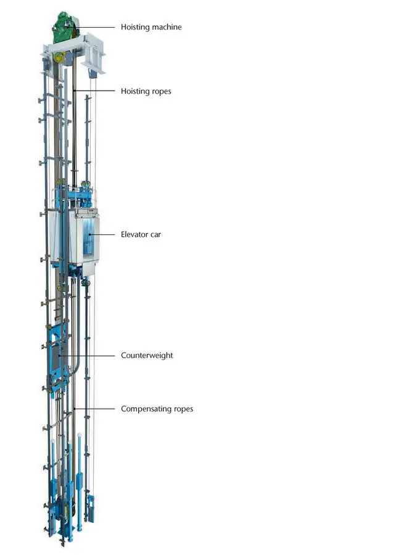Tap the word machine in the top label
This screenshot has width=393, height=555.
(x=167, y=27)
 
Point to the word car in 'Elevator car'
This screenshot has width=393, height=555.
(x=155, y=235)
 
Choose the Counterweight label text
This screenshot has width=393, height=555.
(x=147, y=356)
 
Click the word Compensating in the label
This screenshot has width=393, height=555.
(x=146, y=409)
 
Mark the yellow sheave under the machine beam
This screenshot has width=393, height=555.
(x=59, y=57)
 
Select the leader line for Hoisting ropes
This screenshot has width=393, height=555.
(x=94, y=91)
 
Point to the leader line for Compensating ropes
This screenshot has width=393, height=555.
(x=94, y=409)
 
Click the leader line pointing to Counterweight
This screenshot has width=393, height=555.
(x=87, y=355)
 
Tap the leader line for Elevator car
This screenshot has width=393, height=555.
(x=102, y=234)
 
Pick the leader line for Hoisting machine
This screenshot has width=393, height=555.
(x=91, y=27)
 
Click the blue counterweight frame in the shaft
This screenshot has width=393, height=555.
(x=57, y=358)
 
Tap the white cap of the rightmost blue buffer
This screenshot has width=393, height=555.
(x=80, y=434)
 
